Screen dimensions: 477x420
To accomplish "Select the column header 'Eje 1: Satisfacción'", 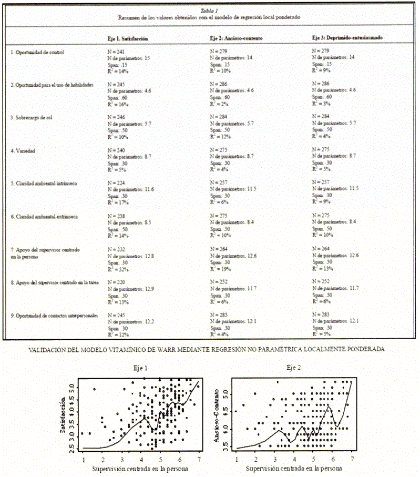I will click(x=128, y=39).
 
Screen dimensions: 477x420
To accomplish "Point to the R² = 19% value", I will click(x=220, y=268).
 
